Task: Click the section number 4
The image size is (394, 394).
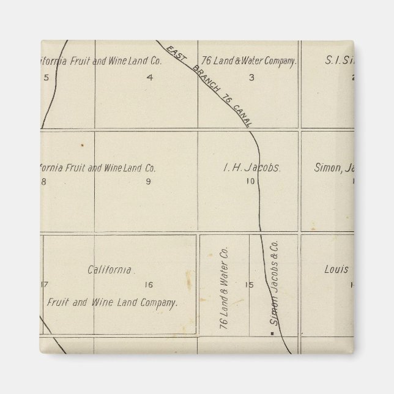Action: tap(149, 77)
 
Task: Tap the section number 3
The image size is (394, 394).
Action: tap(251, 77)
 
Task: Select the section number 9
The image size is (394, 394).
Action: tap(148, 181)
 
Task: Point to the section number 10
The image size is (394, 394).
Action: tap(250, 181)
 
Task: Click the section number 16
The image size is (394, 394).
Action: tap(148, 284)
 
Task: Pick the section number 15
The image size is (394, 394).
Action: tap(248, 284)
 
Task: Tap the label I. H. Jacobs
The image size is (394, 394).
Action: tap(251, 166)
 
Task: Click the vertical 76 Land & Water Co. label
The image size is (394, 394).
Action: tap(223, 290)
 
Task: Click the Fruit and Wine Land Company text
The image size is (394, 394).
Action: tap(113, 302)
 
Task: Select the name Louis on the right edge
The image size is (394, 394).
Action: tap(336, 269)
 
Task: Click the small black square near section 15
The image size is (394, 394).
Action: tap(272, 334)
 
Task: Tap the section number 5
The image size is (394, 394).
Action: tap(45, 77)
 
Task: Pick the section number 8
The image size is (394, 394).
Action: tap(43, 181)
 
